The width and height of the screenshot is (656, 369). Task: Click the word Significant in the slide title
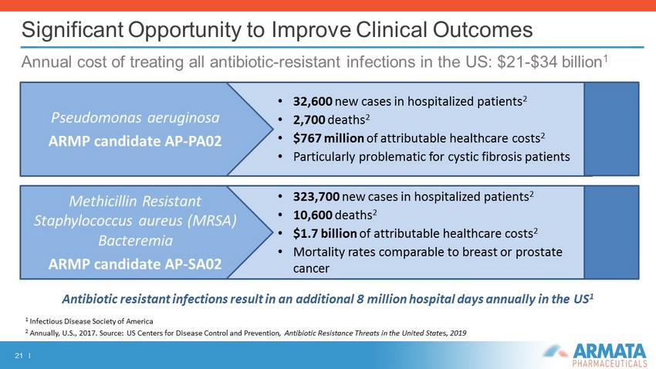pyautogui.click(x=73, y=30)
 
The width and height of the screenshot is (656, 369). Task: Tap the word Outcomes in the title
pyautogui.click(x=482, y=29)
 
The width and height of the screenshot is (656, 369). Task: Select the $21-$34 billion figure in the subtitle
pyautogui.click(x=549, y=62)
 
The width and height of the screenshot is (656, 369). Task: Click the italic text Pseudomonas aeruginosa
pyautogui.click(x=135, y=118)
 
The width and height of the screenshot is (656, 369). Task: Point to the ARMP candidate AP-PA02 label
pyautogui.click(x=135, y=141)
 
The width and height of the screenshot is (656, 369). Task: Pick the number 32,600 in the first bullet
pyautogui.click(x=313, y=101)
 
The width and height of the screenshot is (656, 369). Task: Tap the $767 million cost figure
pyautogui.click(x=329, y=138)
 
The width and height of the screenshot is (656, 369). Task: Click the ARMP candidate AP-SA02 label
pyautogui.click(x=135, y=264)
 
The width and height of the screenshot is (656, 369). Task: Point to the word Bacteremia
pyautogui.click(x=135, y=241)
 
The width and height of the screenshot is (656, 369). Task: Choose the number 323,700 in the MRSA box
pyautogui.click(x=316, y=196)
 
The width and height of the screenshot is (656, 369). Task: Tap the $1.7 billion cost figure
pyautogui.click(x=325, y=233)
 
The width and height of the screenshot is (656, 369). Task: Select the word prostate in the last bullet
pyautogui.click(x=539, y=252)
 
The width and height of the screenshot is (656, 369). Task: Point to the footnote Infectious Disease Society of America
pyautogui.click(x=91, y=321)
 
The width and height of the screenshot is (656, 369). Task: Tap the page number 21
pyautogui.click(x=19, y=356)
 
